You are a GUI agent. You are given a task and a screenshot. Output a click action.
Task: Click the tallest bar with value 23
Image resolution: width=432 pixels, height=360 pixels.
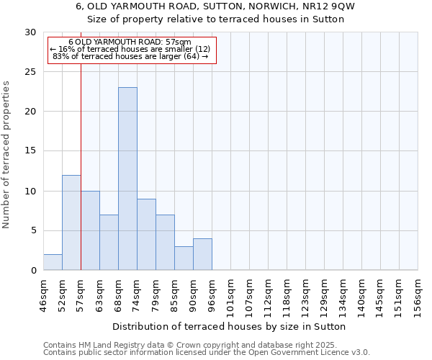click(x=127, y=179)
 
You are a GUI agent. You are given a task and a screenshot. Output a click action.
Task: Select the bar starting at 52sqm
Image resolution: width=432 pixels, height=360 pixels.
click(x=71, y=222)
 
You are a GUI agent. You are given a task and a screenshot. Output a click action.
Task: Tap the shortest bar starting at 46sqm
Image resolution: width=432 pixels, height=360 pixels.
click(x=53, y=262)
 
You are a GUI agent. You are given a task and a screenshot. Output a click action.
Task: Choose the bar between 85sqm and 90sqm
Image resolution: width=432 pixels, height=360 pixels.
click(x=184, y=258)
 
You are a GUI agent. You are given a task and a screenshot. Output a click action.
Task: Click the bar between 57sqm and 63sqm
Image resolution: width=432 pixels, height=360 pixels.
click(x=90, y=230)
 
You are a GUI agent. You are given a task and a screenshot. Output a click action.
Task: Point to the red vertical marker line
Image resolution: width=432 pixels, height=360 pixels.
click(x=81, y=166)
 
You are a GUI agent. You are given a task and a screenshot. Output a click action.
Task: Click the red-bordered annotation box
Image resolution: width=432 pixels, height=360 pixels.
click(x=132, y=50)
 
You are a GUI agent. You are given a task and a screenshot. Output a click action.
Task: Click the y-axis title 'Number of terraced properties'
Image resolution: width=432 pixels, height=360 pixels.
click(x=7, y=155)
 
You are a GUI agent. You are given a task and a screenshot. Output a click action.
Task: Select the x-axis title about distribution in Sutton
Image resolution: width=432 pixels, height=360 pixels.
click(x=230, y=326)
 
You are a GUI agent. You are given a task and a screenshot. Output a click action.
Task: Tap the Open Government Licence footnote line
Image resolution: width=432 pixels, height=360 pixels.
click(x=207, y=352)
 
